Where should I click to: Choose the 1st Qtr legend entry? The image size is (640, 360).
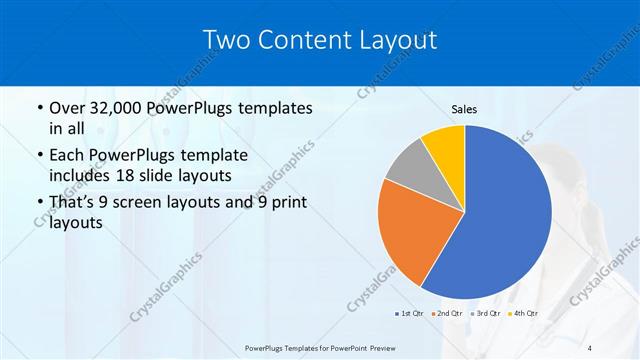(x=408, y=313)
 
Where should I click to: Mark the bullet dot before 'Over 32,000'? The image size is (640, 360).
(x=39, y=108)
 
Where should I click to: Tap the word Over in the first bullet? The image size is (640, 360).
(x=69, y=107)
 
